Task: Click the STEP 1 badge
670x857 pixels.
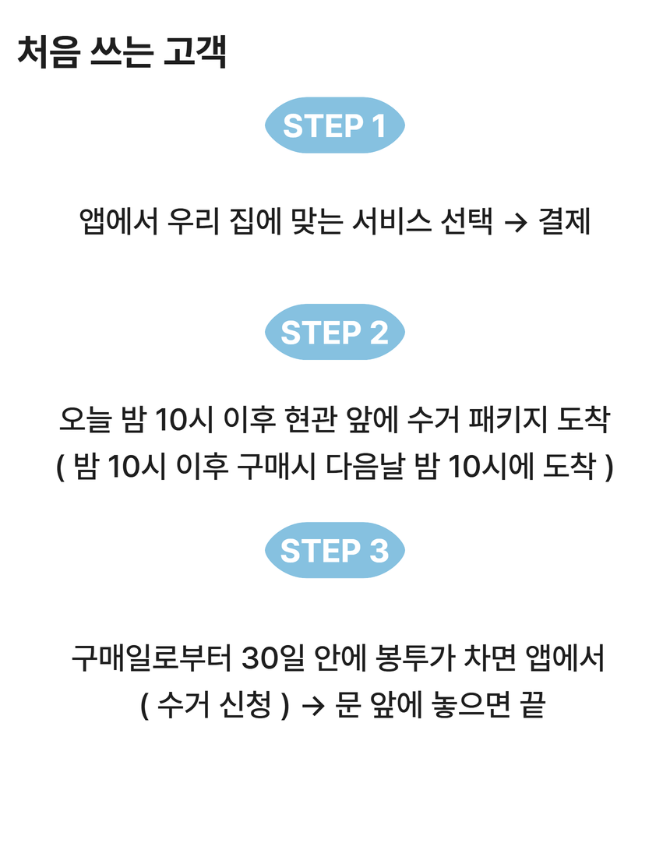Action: (335, 125)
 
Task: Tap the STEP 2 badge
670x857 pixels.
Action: (335, 333)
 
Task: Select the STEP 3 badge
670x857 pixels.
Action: (335, 551)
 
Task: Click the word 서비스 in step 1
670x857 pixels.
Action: (390, 222)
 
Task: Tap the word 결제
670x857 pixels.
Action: (564, 222)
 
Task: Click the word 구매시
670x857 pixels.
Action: (268, 468)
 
